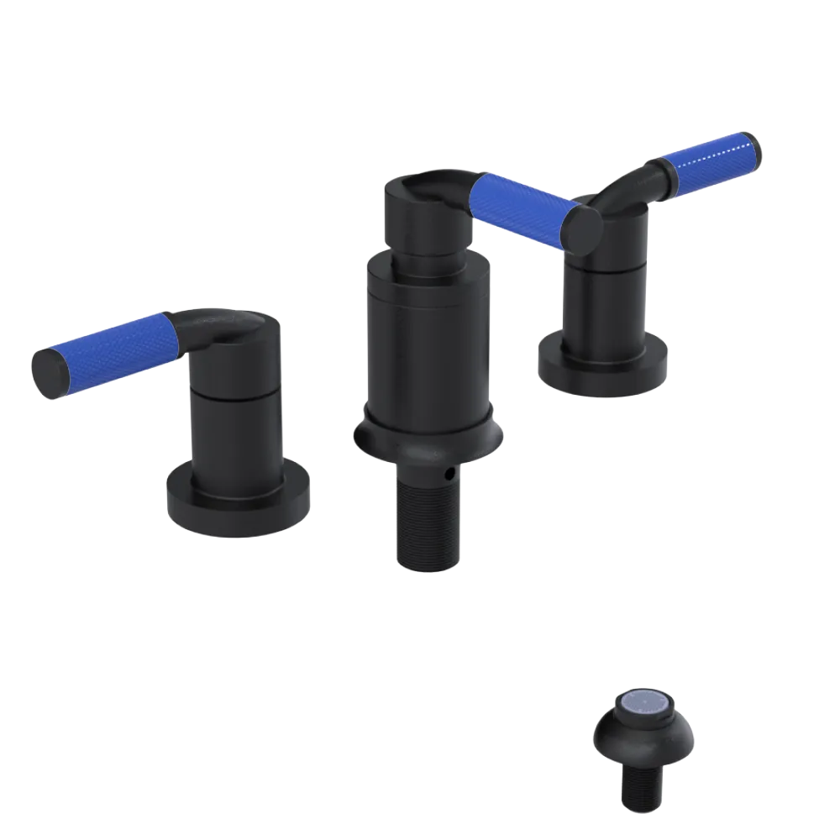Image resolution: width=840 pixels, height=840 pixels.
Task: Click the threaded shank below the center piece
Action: coord(424,521)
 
